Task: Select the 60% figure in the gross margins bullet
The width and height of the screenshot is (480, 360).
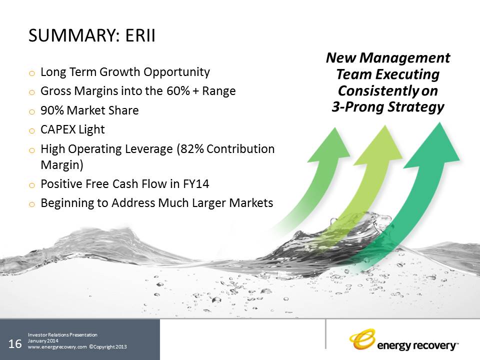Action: click(178, 91)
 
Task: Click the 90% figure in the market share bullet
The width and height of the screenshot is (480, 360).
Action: click(52, 110)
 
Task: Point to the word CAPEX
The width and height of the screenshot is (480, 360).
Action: click(58, 129)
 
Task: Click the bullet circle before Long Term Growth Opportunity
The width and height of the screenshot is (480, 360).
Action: click(32, 73)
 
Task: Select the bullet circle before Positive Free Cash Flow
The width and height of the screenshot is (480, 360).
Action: click(32, 185)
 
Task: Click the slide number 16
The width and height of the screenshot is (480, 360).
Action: click(15, 344)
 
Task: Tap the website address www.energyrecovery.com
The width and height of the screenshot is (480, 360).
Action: click(57, 347)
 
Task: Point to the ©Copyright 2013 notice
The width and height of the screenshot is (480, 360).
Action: click(108, 347)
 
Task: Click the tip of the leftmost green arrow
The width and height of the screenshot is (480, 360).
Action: click(335, 127)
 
